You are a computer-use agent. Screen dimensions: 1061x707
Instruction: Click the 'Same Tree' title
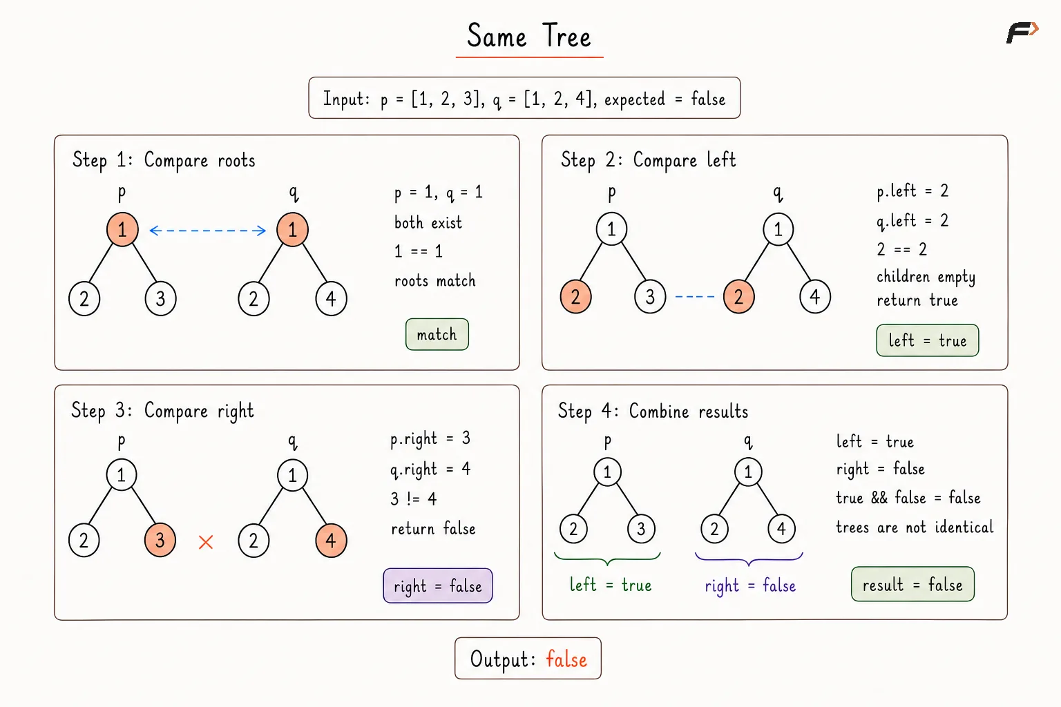[529, 35]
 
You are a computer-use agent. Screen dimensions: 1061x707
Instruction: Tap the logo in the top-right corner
[1022, 32]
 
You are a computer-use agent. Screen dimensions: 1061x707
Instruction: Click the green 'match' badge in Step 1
[437, 334]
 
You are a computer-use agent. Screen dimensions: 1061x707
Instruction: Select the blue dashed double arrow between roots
[207, 231]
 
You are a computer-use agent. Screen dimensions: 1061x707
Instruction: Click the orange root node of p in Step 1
[122, 230]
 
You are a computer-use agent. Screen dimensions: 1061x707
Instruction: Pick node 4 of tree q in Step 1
[331, 299]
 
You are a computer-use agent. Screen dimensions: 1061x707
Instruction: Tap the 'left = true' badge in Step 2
[928, 340]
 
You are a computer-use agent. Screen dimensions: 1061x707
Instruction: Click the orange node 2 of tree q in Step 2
[739, 297]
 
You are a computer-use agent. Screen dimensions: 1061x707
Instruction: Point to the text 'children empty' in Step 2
[926, 277]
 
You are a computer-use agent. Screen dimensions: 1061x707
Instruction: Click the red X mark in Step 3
[206, 542]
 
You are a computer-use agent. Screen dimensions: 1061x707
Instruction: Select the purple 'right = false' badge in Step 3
[438, 585]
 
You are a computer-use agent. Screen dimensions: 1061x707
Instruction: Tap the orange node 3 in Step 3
[160, 541]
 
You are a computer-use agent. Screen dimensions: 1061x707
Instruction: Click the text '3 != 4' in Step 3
[414, 499]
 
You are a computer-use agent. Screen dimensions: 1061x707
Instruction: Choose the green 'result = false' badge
[912, 584]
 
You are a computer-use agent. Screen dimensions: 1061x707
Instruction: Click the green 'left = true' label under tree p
[611, 585]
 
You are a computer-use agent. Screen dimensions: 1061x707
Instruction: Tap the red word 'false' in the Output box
[566, 659]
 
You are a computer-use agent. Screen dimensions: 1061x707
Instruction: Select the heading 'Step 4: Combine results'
[653, 411]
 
